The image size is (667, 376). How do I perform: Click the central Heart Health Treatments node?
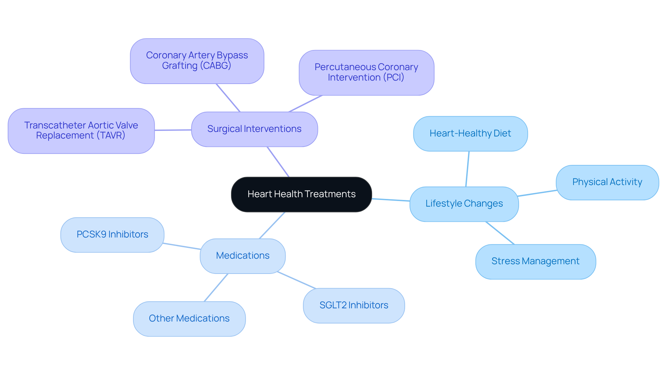point(301,194)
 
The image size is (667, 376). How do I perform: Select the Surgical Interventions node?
point(254,129)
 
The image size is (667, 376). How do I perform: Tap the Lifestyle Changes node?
point(464,204)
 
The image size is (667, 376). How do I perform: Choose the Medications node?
point(242,256)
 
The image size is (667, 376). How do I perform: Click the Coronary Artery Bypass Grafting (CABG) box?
point(197,61)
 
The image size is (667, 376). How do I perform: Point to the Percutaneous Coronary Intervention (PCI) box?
point(366,73)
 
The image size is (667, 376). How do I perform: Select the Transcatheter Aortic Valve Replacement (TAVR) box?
point(81,131)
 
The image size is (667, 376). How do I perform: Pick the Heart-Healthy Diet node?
point(470,134)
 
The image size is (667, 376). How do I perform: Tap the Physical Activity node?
point(607,182)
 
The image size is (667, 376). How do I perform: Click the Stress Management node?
point(535,261)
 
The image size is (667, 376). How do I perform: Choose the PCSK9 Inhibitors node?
point(112,235)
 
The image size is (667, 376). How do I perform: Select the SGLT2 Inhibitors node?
point(354,306)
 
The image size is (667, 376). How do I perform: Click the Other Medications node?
point(189,319)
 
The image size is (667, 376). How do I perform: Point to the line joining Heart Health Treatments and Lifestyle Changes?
point(391,200)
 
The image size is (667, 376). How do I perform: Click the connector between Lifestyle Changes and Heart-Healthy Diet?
point(468,169)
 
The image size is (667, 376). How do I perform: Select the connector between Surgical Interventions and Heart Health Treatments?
point(278,162)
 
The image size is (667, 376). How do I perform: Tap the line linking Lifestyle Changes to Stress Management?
point(500,233)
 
